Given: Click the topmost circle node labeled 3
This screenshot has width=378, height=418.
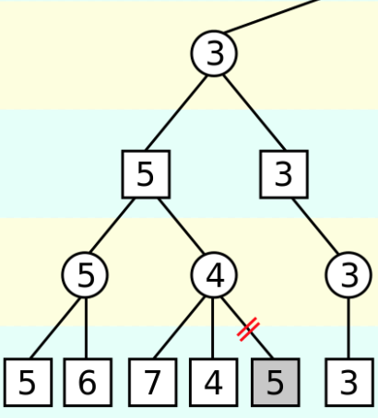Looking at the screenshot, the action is coord(214,53).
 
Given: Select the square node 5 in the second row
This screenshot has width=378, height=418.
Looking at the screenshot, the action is coord(146,174).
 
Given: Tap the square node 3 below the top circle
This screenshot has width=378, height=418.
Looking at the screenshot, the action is coord(284,174).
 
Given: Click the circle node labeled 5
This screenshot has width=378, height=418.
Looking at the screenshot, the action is coord(85,274).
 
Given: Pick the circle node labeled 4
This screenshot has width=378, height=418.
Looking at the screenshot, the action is coord(214,274).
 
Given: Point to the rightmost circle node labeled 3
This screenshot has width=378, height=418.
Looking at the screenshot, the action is coord(348,274).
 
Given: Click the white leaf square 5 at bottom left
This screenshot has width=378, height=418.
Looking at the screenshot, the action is coord(28,382).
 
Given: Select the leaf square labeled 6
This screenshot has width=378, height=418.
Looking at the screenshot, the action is coord(88,382).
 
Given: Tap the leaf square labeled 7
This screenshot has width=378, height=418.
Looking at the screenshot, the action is coord(153,382).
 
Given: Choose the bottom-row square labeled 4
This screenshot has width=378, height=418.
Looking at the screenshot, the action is coord(214,382).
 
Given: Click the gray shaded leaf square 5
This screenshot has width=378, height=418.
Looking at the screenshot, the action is coord(276,382).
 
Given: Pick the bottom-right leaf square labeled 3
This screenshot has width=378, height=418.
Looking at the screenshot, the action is coord(349,382).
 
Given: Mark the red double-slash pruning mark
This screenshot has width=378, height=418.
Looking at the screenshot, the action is coord(248,330).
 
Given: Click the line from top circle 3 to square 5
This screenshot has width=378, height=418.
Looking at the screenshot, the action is coord(176,113).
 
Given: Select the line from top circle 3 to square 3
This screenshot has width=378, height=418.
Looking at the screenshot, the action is coord(254,113).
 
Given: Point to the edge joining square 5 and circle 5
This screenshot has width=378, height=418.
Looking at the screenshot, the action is coord(112,226).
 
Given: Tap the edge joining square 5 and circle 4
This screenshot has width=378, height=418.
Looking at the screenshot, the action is coord(181,226).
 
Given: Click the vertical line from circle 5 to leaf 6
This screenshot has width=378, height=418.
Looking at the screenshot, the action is coord(86,328).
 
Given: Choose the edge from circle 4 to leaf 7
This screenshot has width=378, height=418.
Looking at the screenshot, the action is coord(179,328).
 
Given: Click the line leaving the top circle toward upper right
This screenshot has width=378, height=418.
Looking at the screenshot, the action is coord(273,16).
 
